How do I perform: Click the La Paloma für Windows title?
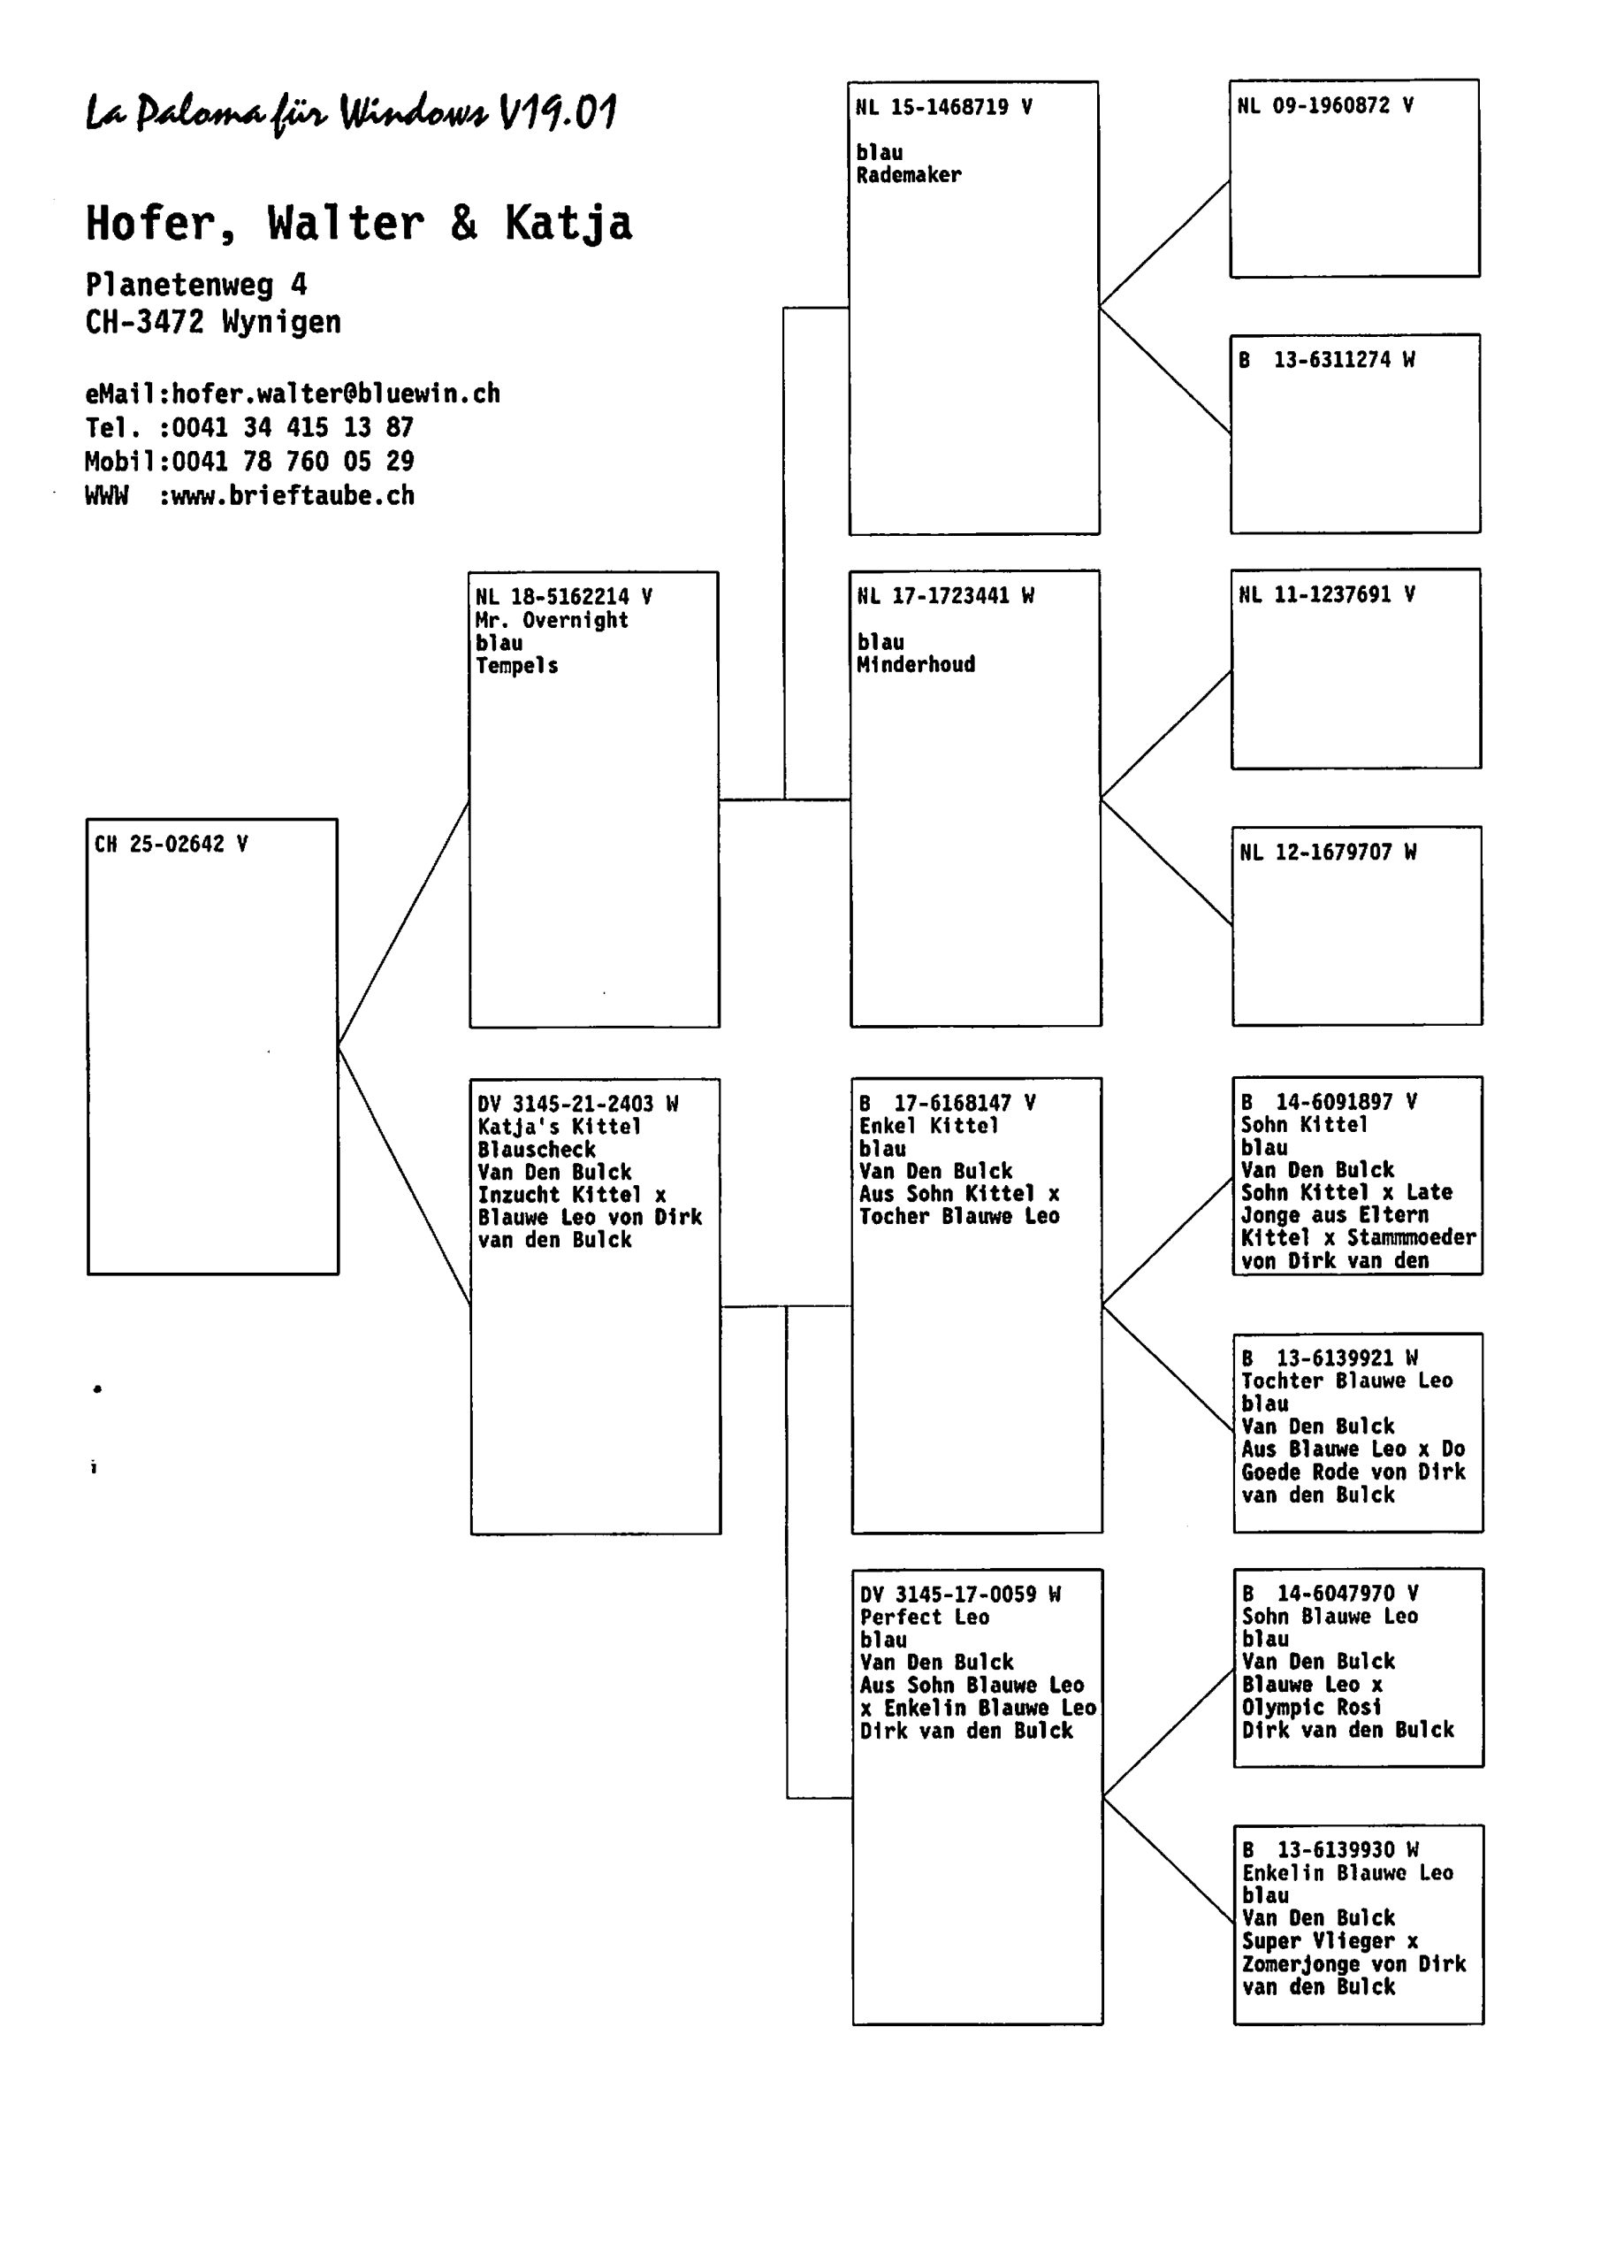coord(351,114)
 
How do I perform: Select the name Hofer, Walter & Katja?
coord(359,223)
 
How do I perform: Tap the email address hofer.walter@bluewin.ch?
coord(335,394)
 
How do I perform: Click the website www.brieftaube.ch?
coord(292,495)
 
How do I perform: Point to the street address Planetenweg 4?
coord(196,285)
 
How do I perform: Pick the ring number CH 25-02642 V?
coord(172,844)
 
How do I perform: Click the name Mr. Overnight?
coord(551,620)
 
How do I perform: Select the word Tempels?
coord(516,666)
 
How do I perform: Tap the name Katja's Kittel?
coord(559,1126)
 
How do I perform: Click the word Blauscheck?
coord(537,1150)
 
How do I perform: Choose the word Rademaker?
coord(908,175)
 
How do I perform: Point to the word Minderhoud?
coord(916,664)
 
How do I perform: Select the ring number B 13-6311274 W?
coord(1327,360)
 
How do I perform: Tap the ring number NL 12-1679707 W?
coord(1328,852)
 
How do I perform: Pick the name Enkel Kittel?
coord(928,1125)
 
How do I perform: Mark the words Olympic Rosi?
coord(1311,1707)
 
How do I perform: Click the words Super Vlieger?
coord(1318,1940)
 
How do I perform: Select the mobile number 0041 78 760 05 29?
coord(293,462)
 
